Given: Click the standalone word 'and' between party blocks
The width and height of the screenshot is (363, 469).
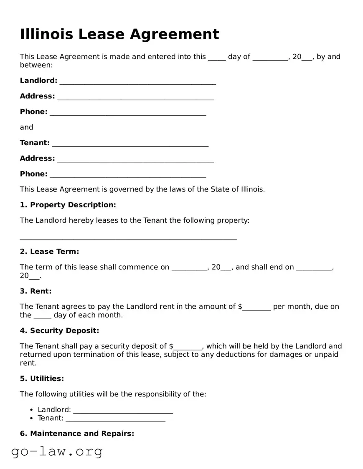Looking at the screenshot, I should (26, 127).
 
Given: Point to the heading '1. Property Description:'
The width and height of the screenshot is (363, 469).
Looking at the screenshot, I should (68, 205).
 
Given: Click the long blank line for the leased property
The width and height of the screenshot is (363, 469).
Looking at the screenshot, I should (128, 238).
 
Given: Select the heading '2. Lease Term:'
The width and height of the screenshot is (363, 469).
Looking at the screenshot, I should (49, 252).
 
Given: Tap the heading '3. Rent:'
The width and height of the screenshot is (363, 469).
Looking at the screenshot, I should (36, 291).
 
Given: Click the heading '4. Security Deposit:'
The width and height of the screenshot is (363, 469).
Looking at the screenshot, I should (59, 331).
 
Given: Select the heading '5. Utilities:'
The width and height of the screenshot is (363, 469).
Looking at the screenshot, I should (42, 379).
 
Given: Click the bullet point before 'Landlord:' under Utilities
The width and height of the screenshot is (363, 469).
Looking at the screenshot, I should (32, 410).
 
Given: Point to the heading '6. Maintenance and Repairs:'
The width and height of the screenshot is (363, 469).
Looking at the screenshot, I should (77, 434).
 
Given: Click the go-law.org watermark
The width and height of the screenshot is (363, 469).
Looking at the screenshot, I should (57, 451).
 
